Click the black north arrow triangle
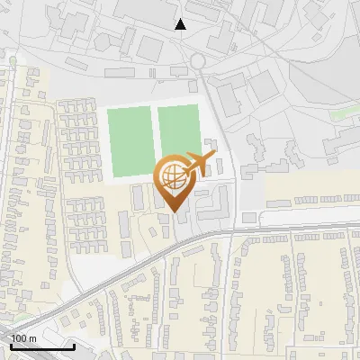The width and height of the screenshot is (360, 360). tap(181, 24)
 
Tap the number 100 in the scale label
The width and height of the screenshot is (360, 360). tap(18, 338)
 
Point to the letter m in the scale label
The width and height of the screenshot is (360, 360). tap(32, 338)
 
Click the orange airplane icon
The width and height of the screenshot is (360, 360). tap(199, 164)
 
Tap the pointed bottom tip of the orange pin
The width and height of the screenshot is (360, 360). tap(175, 213)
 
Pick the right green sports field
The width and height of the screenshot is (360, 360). tap(178, 135)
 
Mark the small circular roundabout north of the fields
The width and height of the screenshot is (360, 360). tap(197, 61)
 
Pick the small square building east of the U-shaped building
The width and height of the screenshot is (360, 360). tap(249, 218)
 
